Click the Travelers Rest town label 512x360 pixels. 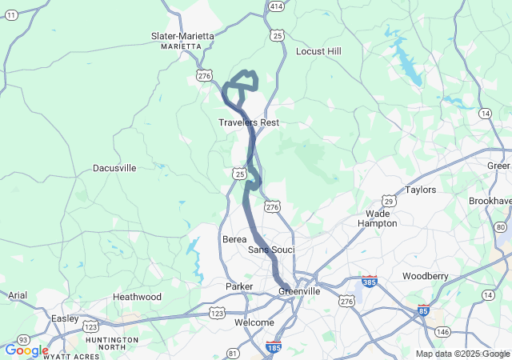coord(249,122)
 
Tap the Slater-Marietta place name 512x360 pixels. coord(182,36)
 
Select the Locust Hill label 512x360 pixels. coord(318,51)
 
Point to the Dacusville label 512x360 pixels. coord(114,168)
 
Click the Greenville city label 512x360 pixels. coord(299,291)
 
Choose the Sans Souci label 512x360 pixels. coord(271,250)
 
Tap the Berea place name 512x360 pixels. coord(234,239)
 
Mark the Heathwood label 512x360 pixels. coord(137,297)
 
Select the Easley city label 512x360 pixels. coord(65,318)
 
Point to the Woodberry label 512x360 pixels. coord(426,275)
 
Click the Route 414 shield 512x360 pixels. coord(276,6)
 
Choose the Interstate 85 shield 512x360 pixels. coord(423,310)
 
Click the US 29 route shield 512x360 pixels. coord(389,200)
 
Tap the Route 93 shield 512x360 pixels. coord(25,340)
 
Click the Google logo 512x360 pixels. coord(26,350)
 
